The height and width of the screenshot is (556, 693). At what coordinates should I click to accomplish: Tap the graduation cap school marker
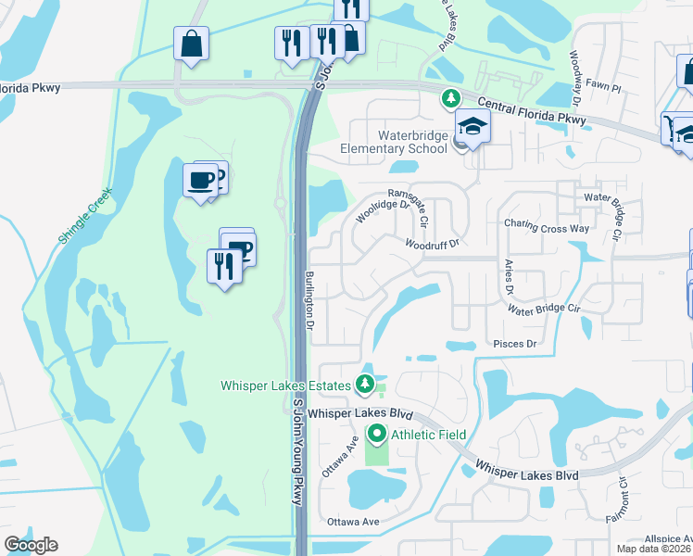pyautogui.click(x=472, y=127)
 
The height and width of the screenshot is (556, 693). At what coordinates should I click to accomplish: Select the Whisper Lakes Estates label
pyautogui.click(x=284, y=385)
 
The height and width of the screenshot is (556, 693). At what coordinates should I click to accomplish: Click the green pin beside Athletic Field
pyautogui.click(x=377, y=433)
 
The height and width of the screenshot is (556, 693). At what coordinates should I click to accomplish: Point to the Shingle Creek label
pyautogui.click(x=84, y=215)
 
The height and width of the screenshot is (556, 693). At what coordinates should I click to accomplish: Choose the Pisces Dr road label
pyautogui.click(x=516, y=344)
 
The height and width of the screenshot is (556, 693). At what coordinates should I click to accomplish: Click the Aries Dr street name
pyautogui.click(x=509, y=277)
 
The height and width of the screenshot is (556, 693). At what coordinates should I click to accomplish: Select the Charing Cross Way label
pyautogui.click(x=547, y=226)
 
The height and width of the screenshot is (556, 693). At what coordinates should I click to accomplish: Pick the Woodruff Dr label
pyautogui.click(x=432, y=244)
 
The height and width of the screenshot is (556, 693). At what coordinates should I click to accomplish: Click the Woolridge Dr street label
pyautogui.click(x=382, y=211)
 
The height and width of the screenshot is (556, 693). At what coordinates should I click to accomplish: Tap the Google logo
pyautogui.click(x=31, y=545)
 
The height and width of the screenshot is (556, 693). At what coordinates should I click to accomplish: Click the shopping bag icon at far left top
pyautogui.click(x=191, y=44)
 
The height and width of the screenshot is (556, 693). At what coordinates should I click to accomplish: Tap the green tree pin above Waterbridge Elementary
pyautogui.click(x=450, y=97)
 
